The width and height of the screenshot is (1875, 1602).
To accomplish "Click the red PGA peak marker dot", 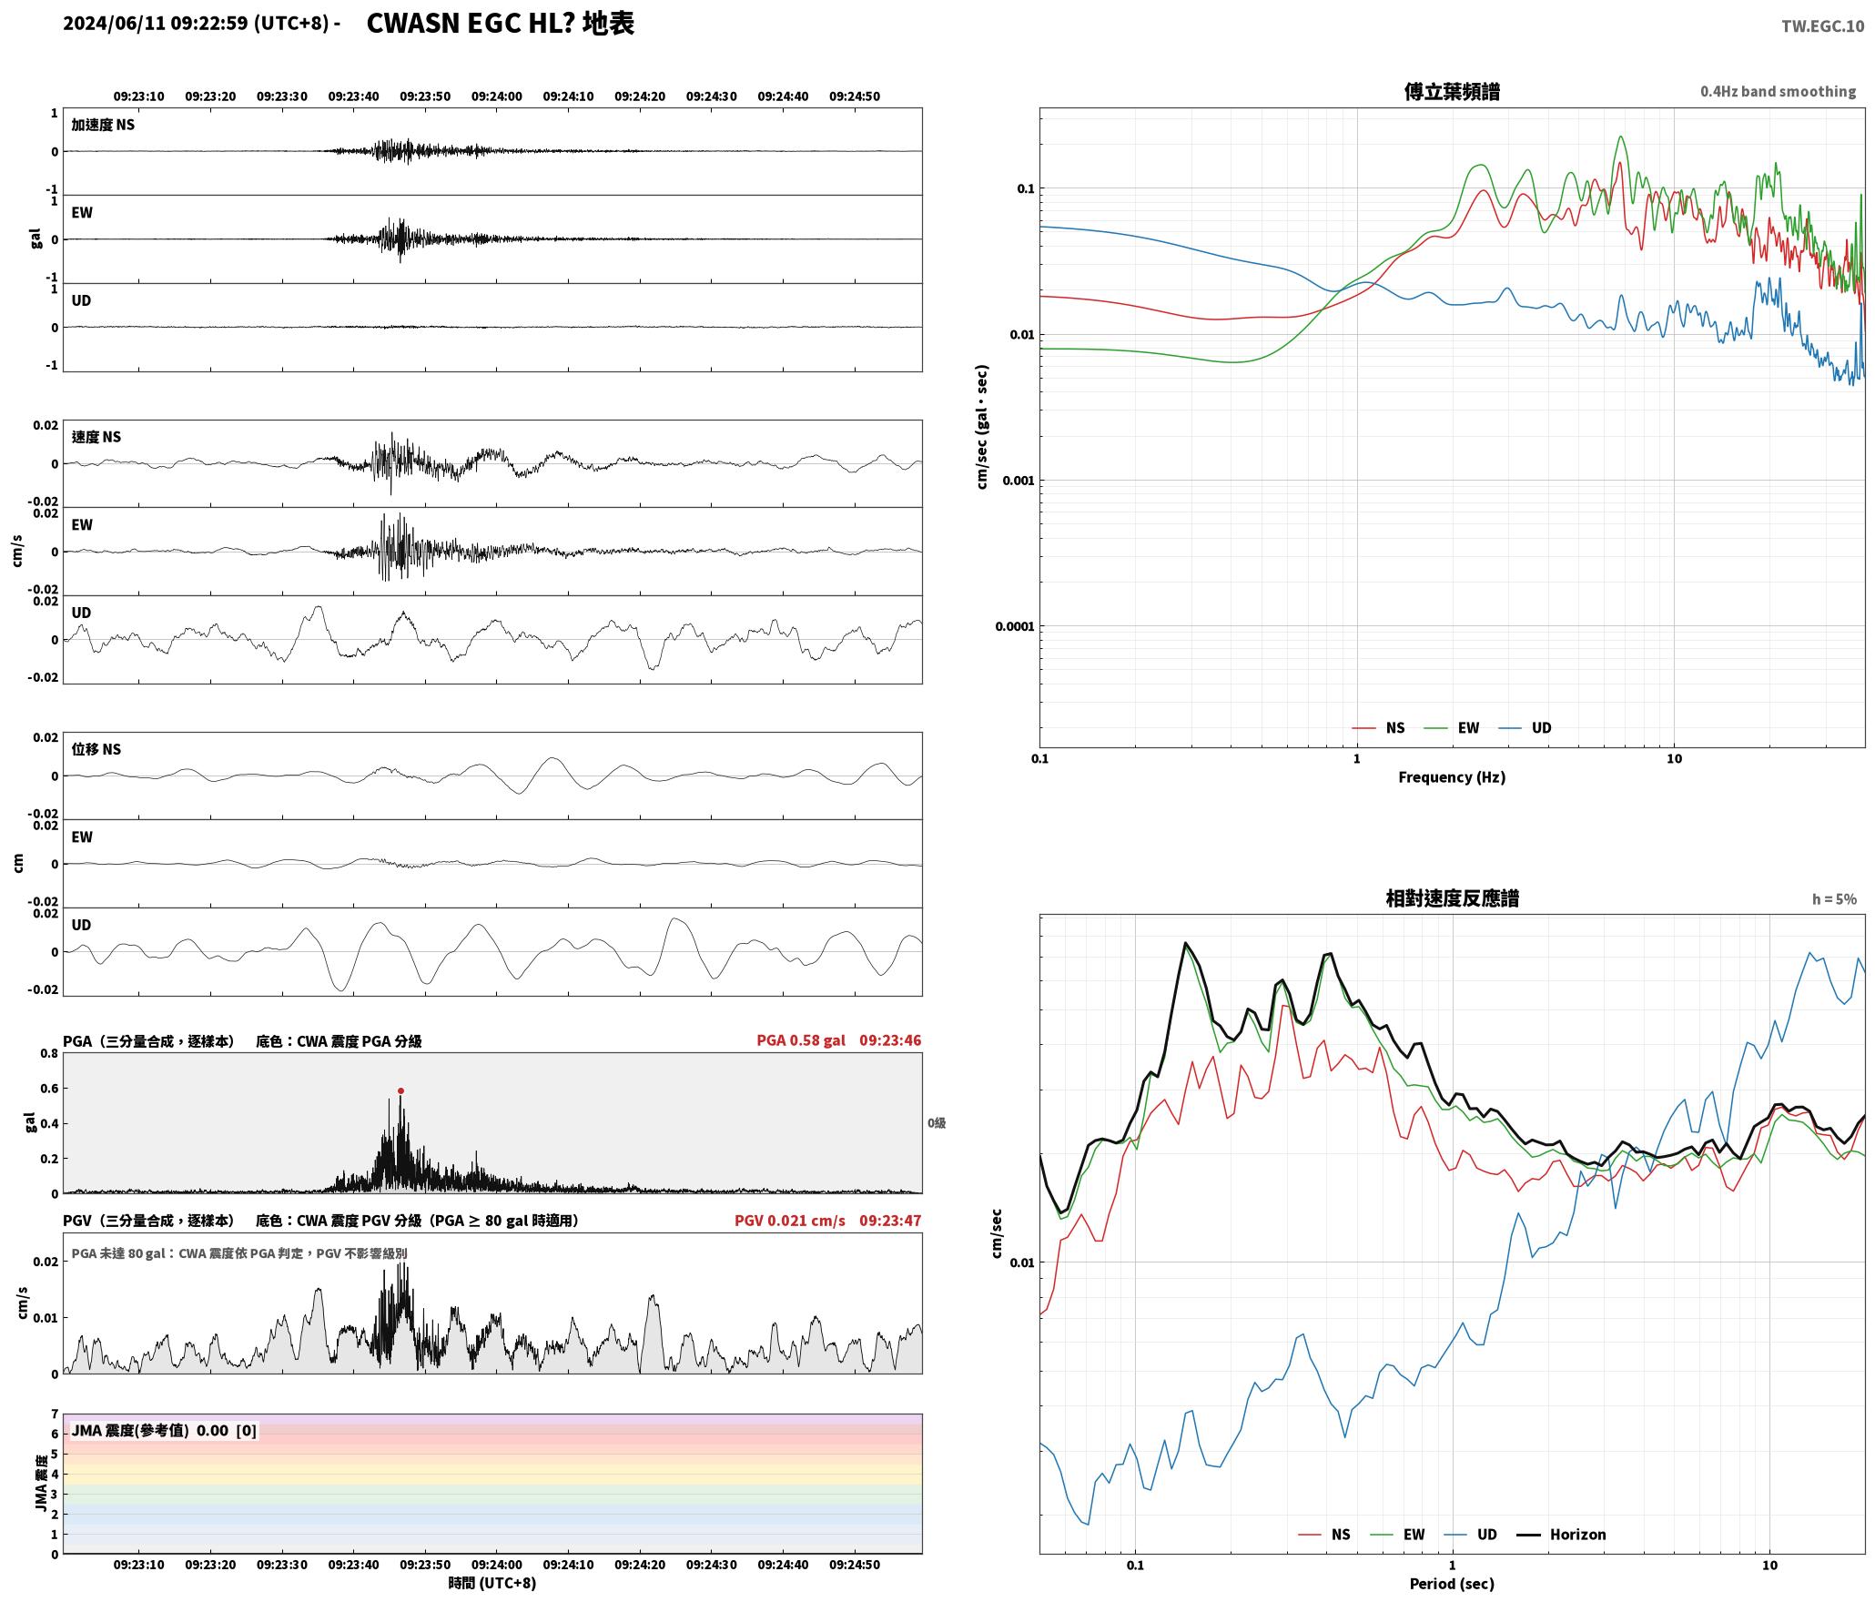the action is (400, 1090).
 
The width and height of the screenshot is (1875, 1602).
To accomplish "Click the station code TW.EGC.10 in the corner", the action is (1822, 26).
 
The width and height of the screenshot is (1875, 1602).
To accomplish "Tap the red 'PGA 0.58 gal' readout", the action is (801, 1040).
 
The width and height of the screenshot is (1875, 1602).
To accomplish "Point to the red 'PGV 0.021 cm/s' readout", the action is (790, 1221).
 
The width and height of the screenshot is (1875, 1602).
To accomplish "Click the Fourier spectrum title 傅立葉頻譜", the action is (1452, 92).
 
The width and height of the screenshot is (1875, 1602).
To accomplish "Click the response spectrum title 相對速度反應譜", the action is (1452, 898).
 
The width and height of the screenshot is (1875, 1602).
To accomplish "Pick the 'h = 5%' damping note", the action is (1834, 899).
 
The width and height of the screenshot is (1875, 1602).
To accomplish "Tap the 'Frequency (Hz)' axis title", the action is (1452, 777).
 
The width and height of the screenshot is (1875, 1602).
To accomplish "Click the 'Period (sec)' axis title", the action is (1452, 1585).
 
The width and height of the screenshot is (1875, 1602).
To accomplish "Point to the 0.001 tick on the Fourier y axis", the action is (1019, 481).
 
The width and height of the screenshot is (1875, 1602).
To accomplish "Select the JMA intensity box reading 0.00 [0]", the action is (164, 1431).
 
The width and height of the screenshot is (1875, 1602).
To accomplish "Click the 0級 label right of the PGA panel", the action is (937, 1123).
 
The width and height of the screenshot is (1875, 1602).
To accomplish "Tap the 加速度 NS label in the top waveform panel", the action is (103, 125).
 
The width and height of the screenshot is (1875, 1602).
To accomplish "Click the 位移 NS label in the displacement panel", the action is (96, 749).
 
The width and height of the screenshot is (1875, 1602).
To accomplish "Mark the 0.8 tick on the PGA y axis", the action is (49, 1054).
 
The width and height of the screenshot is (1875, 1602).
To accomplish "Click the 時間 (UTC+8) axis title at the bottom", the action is (492, 1584).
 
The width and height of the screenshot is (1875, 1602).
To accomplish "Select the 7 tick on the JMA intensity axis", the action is (55, 1414).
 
